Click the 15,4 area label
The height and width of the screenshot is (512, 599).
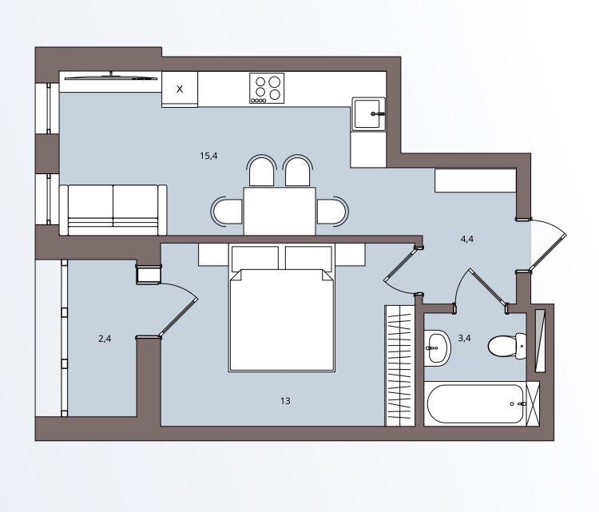(x=208, y=156)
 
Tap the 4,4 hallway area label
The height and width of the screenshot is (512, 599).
(x=467, y=239)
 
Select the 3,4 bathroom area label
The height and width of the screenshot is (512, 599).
(x=464, y=338)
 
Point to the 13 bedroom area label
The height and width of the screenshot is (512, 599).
(x=285, y=401)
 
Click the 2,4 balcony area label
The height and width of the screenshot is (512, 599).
(x=105, y=339)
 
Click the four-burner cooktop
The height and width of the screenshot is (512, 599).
(x=267, y=89)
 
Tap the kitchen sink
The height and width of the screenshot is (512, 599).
(x=368, y=114)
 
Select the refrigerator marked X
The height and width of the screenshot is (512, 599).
(x=180, y=89)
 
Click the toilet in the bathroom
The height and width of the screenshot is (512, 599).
(x=507, y=346)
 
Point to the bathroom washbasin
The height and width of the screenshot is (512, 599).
(x=438, y=348)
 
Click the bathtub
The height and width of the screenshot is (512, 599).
(x=475, y=403)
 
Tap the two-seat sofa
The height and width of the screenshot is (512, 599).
(x=113, y=210)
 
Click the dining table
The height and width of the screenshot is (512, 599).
(x=280, y=212)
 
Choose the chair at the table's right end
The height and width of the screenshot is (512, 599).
(x=333, y=212)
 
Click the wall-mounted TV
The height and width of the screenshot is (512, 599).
(x=111, y=77)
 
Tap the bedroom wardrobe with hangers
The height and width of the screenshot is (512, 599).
(x=399, y=365)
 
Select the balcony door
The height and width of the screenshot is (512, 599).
(x=178, y=309)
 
